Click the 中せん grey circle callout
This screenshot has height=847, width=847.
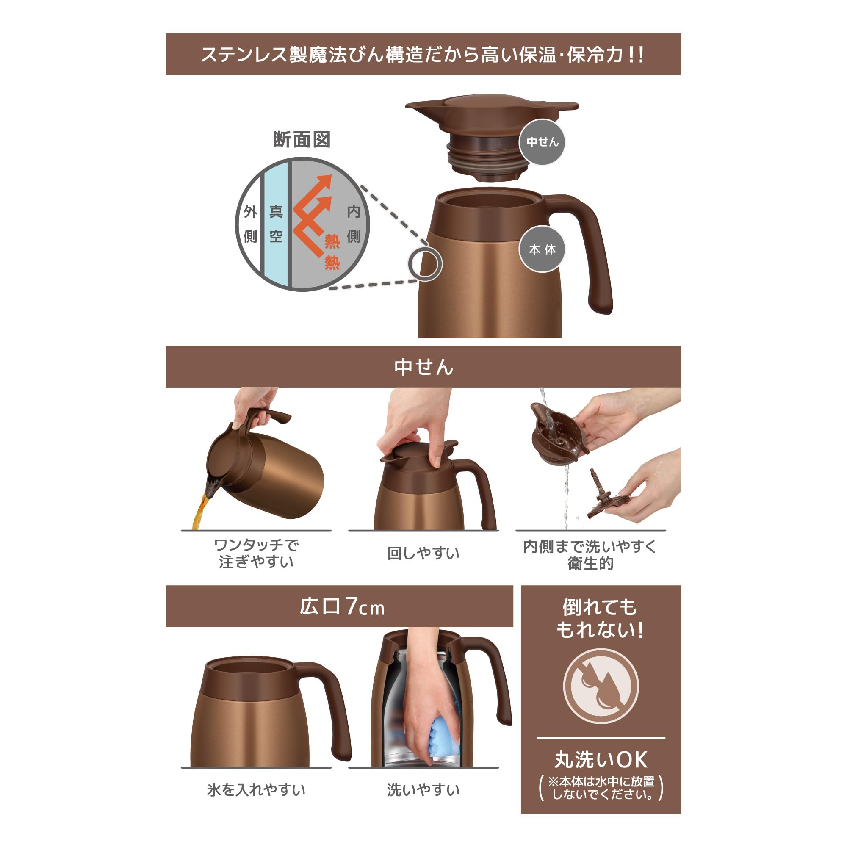543,142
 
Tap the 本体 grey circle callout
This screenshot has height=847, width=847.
542,249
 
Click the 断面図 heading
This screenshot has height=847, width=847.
302,140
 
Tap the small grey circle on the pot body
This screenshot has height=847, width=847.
424,264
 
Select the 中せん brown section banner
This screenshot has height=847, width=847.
423,366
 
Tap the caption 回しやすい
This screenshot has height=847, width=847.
423,553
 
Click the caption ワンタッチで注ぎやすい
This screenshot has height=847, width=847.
256,553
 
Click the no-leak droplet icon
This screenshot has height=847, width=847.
601,686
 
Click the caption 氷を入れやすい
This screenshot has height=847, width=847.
256,790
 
